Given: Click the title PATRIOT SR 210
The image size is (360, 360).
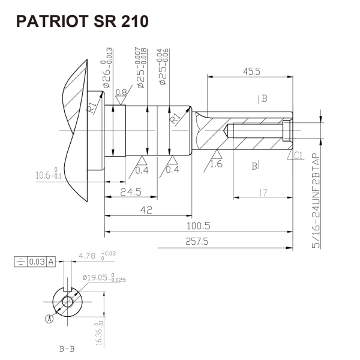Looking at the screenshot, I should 82,22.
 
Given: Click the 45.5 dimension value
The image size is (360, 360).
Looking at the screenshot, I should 253,71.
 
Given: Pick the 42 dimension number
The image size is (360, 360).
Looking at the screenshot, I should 146,209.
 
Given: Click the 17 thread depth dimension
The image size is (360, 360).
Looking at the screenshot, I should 263,192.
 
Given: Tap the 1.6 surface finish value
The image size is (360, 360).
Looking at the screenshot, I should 217,163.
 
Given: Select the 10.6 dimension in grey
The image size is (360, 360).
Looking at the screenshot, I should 49,175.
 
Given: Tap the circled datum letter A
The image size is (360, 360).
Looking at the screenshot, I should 49,320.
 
